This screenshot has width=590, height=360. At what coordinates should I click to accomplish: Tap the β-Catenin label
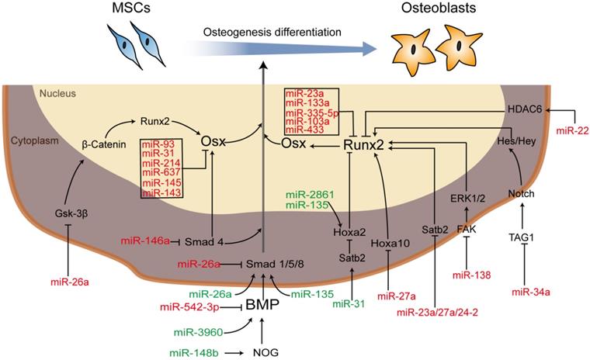click(103, 144)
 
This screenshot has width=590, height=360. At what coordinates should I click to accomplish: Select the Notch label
click(523, 192)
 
